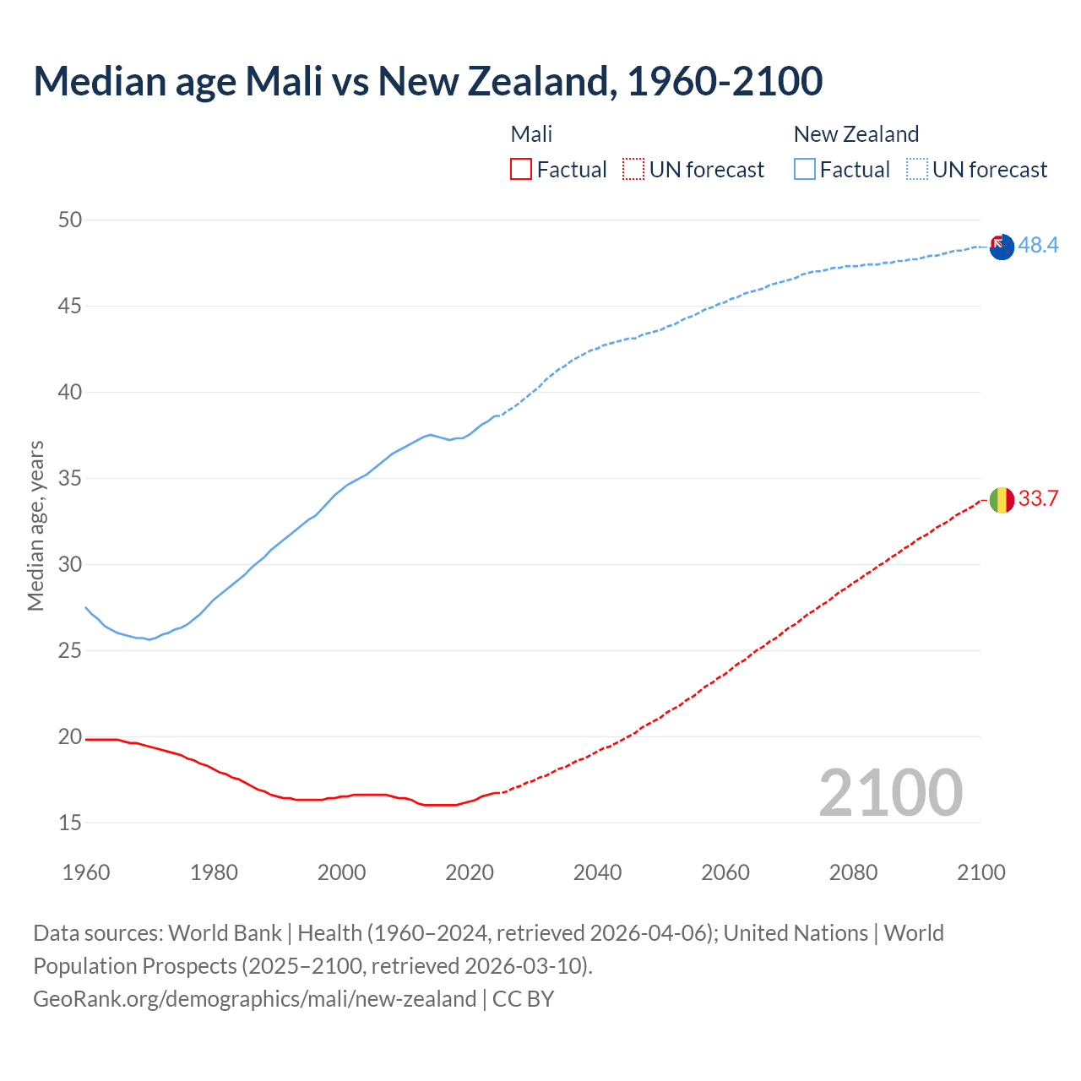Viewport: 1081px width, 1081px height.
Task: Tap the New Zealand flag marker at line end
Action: (1002, 247)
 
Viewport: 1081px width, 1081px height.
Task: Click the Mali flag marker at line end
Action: (1002, 500)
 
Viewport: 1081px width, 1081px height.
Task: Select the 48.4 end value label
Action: (1038, 245)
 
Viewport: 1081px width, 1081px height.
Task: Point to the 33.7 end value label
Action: (1038, 498)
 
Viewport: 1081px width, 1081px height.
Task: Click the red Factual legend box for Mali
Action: (521, 170)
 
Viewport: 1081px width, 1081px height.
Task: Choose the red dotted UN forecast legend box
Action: (633, 170)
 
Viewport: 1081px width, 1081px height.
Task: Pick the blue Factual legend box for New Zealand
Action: (805, 170)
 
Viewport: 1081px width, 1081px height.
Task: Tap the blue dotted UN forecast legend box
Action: (917, 170)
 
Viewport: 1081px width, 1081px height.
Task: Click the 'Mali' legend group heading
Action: (531, 134)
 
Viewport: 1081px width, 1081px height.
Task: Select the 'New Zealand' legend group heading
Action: (856, 134)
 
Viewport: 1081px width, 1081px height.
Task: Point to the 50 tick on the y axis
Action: (70, 220)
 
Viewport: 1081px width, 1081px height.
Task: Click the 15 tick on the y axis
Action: (70, 823)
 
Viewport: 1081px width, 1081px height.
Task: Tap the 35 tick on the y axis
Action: (70, 479)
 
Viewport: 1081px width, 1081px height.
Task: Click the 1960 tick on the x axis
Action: (86, 872)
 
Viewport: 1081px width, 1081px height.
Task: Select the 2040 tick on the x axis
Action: (597, 872)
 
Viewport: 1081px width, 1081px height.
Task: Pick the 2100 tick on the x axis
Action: (981, 872)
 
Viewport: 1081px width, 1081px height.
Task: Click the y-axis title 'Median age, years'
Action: (35, 525)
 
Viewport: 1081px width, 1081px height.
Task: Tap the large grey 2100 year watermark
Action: (890, 793)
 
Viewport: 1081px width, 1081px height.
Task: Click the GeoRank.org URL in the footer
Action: (254, 999)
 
